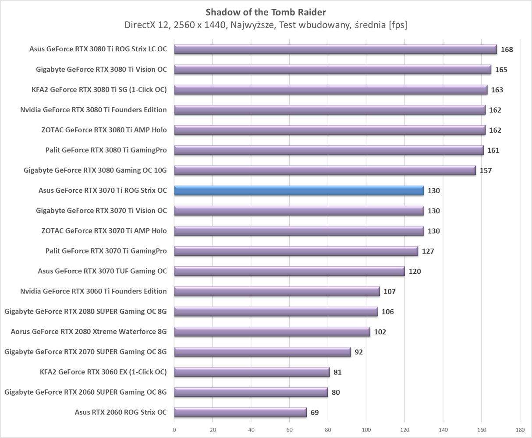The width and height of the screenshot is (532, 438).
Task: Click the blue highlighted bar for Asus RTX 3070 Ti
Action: pyautogui.click(x=299, y=191)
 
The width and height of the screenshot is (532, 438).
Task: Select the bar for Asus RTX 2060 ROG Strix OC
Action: pyautogui.click(x=240, y=412)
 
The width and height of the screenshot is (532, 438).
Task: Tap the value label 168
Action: pyautogui.click(x=507, y=49)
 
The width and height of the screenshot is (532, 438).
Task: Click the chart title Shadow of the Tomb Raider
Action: pyautogui.click(x=266, y=12)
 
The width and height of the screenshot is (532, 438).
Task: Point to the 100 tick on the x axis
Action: pyautogui.click(x=366, y=430)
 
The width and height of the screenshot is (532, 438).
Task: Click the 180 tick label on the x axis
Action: pyautogui.click(x=520, y=430)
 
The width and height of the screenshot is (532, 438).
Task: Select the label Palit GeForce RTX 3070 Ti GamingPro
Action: pyautogui.click(x=106, y=251)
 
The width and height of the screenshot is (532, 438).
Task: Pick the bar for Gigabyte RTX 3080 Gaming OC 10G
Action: pyautogui.click(x=324, y=170)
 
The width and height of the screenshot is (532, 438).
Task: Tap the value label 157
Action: pyautogui.click(x=486, y=170)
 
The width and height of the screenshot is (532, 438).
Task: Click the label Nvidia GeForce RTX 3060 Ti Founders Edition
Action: pyautogui.click(x=93, y=291)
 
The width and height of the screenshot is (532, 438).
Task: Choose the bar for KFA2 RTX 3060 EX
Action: pyautogui.click(x=252, y=372)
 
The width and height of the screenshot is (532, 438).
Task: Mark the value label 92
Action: pyautogui.click(x=358, y=352)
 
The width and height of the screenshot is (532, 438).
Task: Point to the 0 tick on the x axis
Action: pyautogui.click(x=174, y=430)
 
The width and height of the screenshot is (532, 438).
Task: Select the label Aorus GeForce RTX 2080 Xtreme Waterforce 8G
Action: pyautogui.click(x=89, y=332)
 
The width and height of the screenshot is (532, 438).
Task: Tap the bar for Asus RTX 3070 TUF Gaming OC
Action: pyautogui.click(x=289, y=271)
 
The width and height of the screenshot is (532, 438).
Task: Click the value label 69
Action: pyautogui.click(x=314, y=412)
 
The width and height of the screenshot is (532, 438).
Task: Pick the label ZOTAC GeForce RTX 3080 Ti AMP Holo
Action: pyautogui.click(x=104, y=130)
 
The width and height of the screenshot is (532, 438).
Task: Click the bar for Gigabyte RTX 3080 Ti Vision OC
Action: pyautogui.click(x=332, y=70)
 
